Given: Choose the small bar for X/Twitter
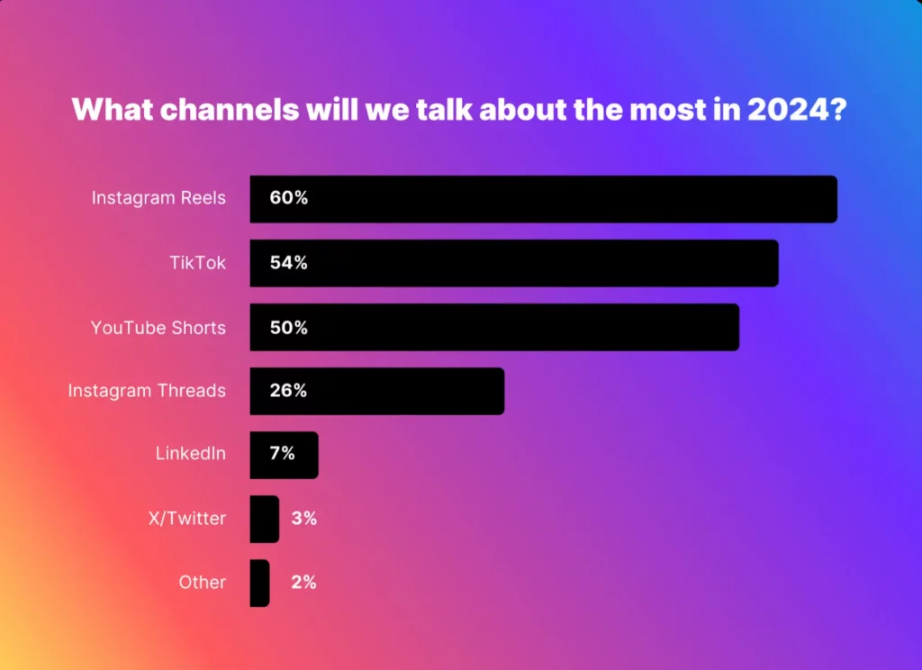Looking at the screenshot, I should click(264, 519).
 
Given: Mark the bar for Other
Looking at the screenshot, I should click(259, 583).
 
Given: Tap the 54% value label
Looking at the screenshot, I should click(288, 263).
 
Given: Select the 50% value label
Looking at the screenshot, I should click(288, 327).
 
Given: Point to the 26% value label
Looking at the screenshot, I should click(288, 391).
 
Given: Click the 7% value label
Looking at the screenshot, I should click(282, 455).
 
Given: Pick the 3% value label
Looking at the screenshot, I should click(303, 519).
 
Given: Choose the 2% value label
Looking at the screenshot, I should click(303, 583).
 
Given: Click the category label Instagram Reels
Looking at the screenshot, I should click(158, 198).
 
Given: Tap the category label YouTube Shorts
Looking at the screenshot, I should click(158, 328).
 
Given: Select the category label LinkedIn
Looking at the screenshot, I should click(191, 455).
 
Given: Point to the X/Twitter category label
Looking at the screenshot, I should click(186, 520).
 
